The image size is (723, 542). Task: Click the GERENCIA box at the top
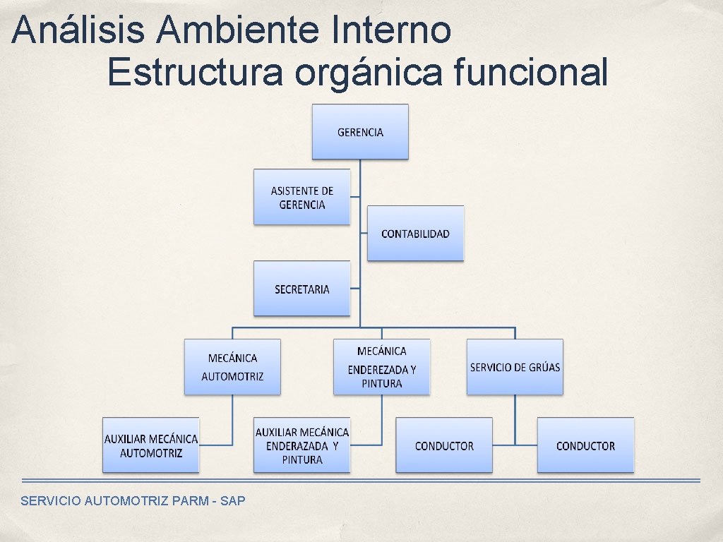360,132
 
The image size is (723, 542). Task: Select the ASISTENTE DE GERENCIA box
301,197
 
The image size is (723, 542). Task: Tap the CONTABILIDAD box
415,234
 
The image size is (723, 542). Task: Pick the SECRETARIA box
301,289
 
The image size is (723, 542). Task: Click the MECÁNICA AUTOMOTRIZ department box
232,367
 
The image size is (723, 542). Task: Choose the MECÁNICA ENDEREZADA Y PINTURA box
381,367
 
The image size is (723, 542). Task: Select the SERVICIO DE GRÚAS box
515,367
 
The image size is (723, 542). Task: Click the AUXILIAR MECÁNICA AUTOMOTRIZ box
151,445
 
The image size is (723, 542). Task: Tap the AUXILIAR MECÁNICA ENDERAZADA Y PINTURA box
302,445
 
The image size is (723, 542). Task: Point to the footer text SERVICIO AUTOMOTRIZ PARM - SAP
133,501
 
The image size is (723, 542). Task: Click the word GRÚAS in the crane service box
544,367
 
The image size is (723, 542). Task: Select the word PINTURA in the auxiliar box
302,459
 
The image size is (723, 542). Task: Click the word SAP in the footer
233,501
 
